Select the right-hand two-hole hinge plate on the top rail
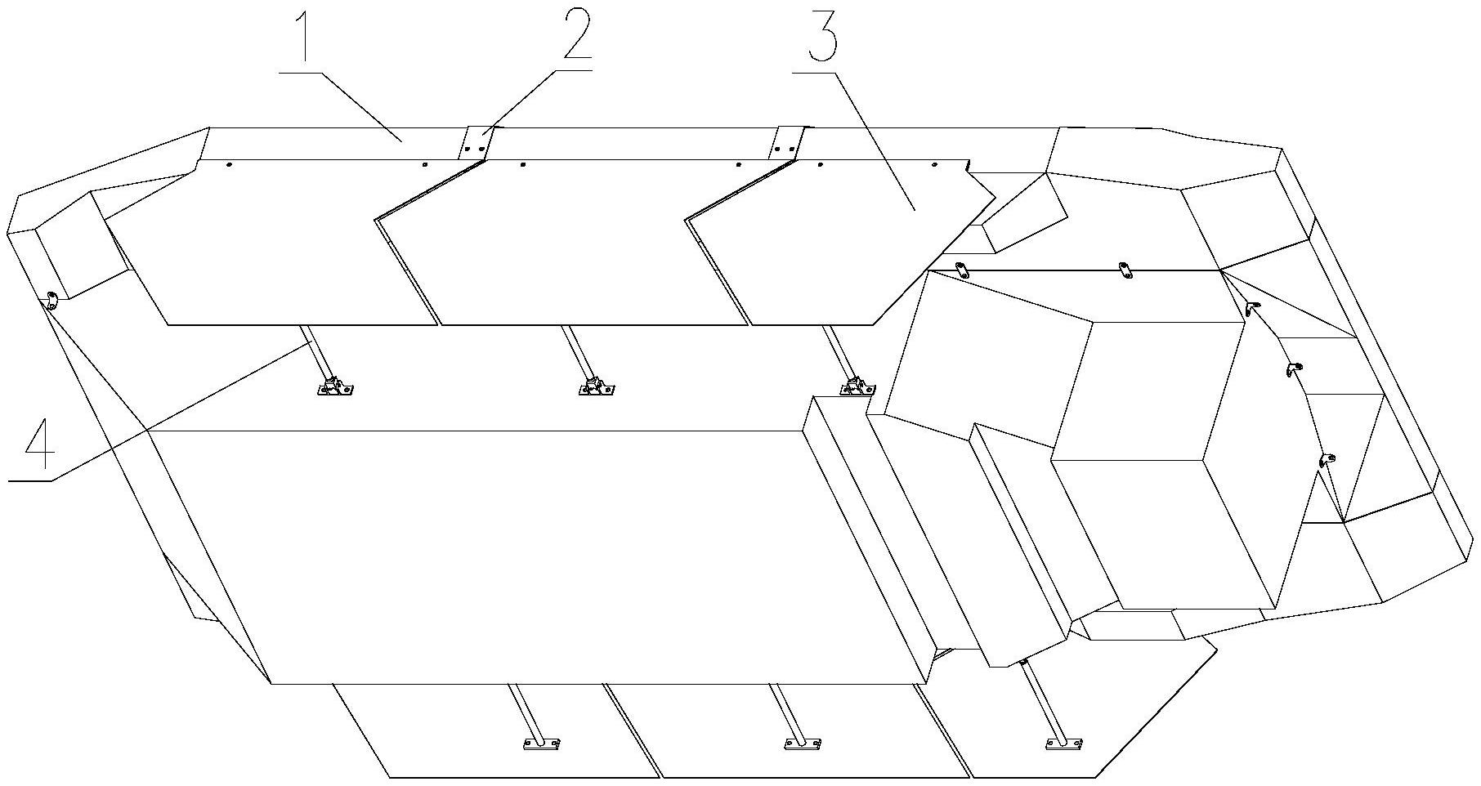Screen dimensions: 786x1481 [x=785, y=143]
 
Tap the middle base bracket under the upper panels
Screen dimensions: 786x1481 [x=597, y=387]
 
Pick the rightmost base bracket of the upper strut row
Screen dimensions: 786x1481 [x=857, y=386]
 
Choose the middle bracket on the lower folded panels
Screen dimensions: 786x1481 [x=802, y=744]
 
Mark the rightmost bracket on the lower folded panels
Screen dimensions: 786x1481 [x=1063, y=743]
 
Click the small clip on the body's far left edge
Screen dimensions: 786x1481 [x=51, y=299]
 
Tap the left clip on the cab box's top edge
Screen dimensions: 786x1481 [x=962, y=270]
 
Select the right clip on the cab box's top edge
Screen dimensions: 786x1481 [x=1125, y=270]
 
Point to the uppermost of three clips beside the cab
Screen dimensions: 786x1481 [x=1251, y=307]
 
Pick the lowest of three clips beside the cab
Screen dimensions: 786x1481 [x=1327, y=460]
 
